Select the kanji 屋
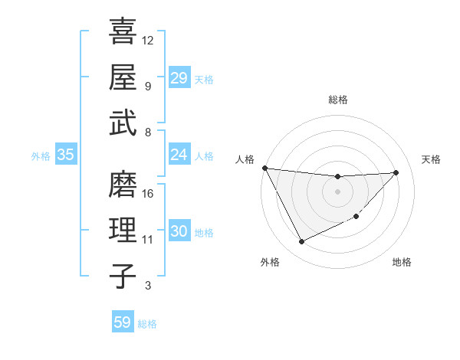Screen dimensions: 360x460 point(123,77)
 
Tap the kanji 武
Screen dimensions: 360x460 point(123,123)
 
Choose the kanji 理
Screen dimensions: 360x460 point(123,231)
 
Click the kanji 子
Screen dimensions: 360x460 point(123,276)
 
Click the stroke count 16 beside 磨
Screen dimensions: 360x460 point(149,193)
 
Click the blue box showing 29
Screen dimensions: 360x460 point(179,78)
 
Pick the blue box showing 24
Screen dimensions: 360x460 point(179,155)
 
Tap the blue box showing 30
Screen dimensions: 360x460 point(179,232)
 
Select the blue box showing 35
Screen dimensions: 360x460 point(66,155)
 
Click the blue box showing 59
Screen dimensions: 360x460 point(122,322)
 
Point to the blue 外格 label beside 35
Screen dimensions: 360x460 point(41,156)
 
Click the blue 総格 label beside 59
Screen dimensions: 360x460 point(147,324)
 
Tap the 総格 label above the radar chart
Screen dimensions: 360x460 point(338,100)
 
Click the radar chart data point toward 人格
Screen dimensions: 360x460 point(264,168)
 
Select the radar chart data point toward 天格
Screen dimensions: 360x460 point(396,172)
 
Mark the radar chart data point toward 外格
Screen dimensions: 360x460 point(301,242)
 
